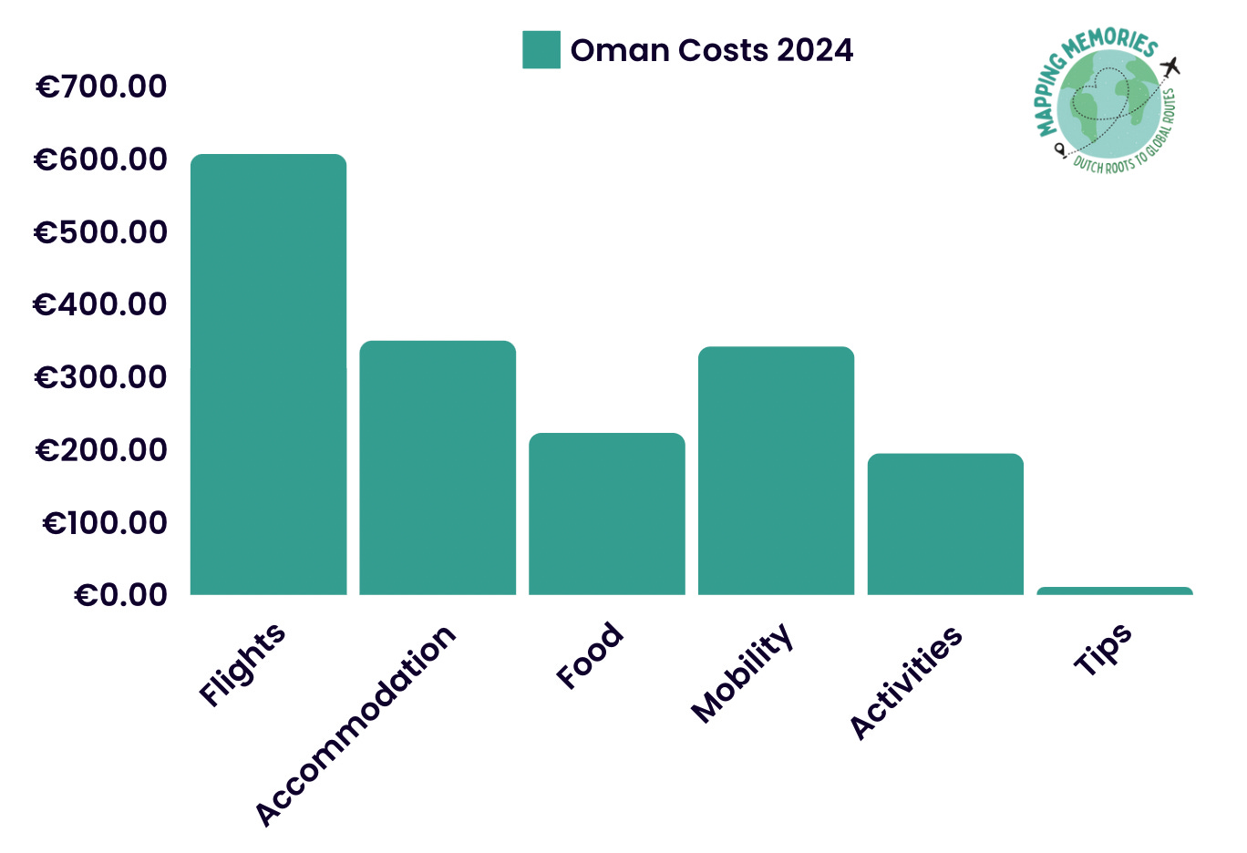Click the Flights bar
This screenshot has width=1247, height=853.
point(268,375)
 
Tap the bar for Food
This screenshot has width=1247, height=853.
point(607,514)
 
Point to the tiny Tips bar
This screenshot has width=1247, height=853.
point(1114,591)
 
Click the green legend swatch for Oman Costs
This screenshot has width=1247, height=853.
point(541,50)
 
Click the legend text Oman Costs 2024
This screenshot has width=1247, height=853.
point(712,50)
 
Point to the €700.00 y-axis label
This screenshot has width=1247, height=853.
point(101,87)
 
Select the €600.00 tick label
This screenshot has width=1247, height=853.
point(101,159)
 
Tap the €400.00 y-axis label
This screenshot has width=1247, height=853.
point(101,304)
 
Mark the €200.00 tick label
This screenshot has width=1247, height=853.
point(101,449)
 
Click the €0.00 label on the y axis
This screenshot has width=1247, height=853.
point(121,594)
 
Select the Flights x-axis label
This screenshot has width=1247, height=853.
point(242,664)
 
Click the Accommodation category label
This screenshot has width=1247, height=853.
point(355,725)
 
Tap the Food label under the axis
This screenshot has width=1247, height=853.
point(590,655)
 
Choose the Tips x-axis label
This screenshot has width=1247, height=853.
point(1103,649)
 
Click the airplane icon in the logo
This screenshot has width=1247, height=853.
point(1171,67)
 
